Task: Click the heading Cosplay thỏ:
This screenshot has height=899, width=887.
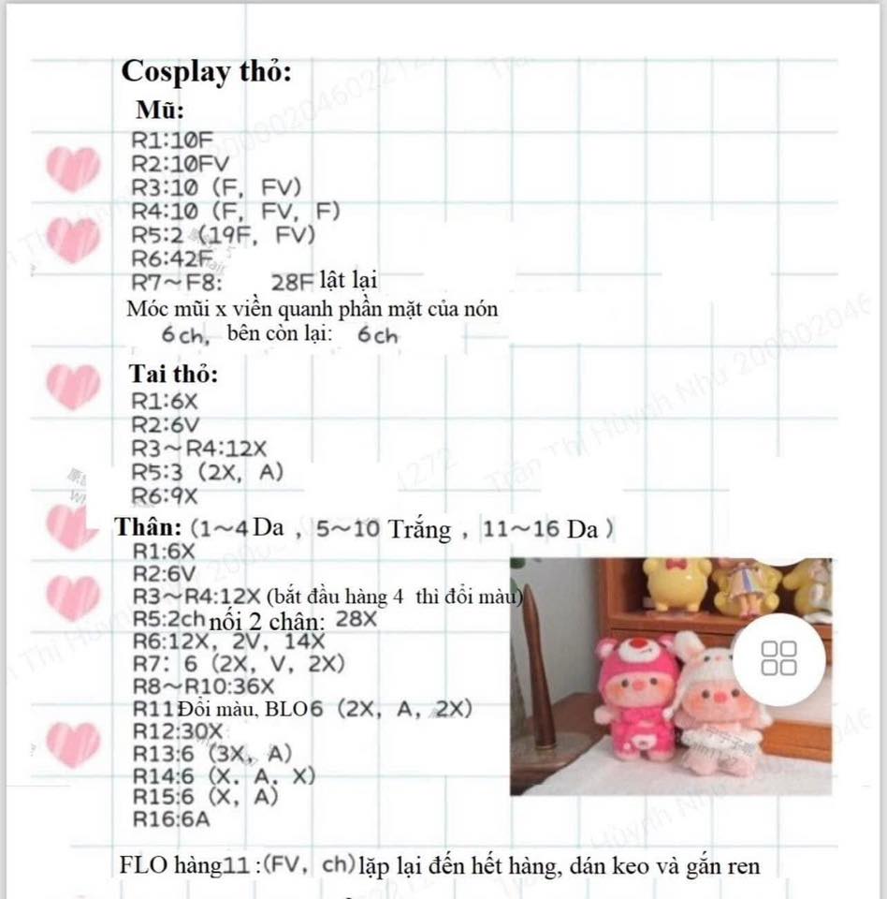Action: coord(207,72)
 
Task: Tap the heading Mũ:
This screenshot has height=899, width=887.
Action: coord(160,110)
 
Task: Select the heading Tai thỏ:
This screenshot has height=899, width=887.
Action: coord(173,374)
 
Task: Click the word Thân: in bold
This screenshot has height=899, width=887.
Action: coord(145,527)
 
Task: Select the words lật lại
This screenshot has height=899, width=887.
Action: coord(347,280)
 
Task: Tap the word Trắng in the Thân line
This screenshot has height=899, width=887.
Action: coord(420,529)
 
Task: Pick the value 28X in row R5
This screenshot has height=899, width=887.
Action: coord(356,619)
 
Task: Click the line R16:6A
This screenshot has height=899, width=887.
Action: coord(171,820)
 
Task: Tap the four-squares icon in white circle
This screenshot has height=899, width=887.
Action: coord(779,657)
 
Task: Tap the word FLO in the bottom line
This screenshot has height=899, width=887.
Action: coord(143,865)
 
